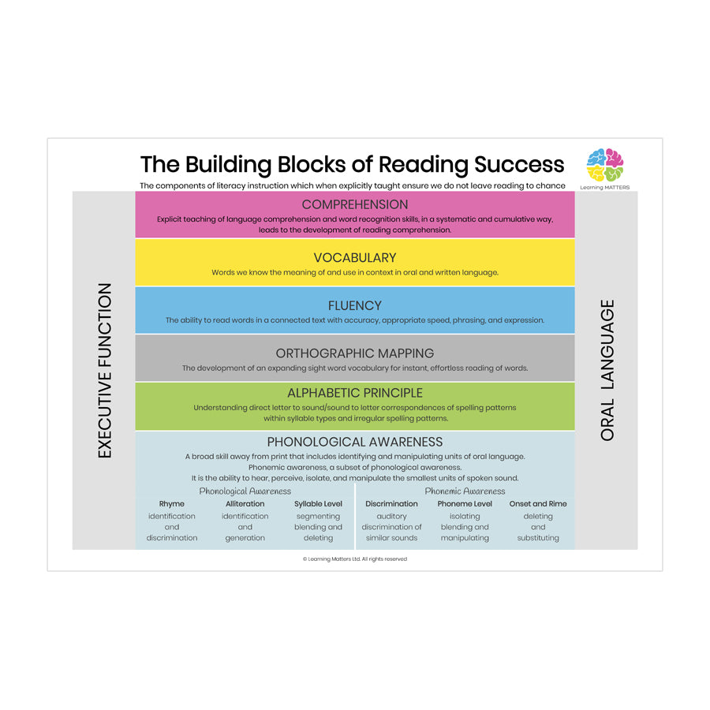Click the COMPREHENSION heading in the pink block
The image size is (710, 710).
click(x=354, y=205)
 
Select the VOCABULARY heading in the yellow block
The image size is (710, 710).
click(x=354, y=258)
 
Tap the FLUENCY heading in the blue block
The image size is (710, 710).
click(x=354, y=306)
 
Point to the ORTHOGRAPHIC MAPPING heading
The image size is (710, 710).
click(x=354, y=353)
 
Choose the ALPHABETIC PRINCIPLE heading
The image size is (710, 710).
click(x=354, y=393)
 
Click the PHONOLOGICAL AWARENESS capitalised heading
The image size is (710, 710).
click(x=354, y=442)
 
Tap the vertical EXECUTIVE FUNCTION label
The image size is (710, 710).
click(x=105, y=371)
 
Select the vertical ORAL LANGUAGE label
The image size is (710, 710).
click(x=607, y=371)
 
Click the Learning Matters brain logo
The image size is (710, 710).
click(x=605, y=165)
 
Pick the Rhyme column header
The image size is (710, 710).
click(x=172, y=503)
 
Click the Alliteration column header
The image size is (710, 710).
click(x=245, y=503)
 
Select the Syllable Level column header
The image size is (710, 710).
click(x=319, y=503)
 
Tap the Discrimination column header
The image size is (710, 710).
click(x=391, y=503)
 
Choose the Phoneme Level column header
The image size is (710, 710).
click(x=465, y=503)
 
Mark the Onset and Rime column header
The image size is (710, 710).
click(x=538, y=503)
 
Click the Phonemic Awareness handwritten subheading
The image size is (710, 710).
click(x=465, y=491)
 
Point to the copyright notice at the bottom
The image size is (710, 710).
click(x=354, y=559)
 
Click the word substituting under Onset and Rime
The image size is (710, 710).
click(x=538, y=538)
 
